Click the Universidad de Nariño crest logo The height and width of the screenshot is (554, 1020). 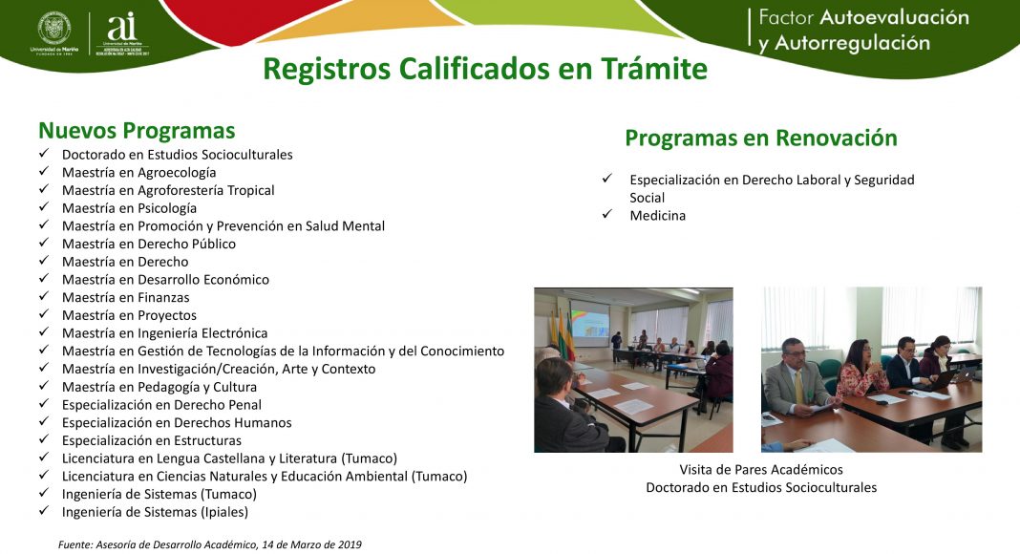(x=54, y=30)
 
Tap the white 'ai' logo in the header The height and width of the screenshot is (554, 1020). (x=122, y=28)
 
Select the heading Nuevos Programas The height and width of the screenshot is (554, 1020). (x=137, y=130)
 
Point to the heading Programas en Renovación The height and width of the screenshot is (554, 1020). (x=761, y=138)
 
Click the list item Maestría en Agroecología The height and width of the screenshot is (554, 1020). (x=138, y=172)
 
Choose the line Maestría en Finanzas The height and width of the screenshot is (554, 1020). (x=125, y=297)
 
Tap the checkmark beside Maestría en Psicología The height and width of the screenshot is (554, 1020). (x=44, y=206)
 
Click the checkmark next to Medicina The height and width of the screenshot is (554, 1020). (x=606, y=214)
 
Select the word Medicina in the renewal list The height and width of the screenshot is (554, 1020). (x=658, y=215)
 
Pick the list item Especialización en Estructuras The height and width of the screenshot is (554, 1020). (x=152, y=440)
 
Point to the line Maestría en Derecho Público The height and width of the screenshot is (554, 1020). (x=149, y=244)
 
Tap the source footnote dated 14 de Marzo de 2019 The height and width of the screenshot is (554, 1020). (x=209, y=544)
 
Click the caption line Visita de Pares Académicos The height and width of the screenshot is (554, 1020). (x=761, y=470)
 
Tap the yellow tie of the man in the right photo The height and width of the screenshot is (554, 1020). (x=798, y=387)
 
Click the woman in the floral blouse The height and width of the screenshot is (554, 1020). (x=860, y=372)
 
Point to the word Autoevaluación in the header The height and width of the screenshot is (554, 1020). (x=895, y=17)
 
